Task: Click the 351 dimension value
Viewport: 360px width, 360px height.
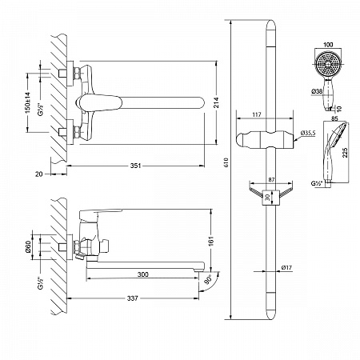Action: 135,166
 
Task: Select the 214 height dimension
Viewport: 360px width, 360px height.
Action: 216,102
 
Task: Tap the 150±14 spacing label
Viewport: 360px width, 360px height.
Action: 28,102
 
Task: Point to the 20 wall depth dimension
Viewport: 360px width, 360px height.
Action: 39,174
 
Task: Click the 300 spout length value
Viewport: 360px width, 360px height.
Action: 143,274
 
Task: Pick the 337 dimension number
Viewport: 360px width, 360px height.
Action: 132,298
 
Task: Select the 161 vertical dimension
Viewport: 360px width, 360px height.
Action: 211,241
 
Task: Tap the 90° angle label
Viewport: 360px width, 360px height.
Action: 209,280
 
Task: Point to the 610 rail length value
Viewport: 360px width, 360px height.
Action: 226,162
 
